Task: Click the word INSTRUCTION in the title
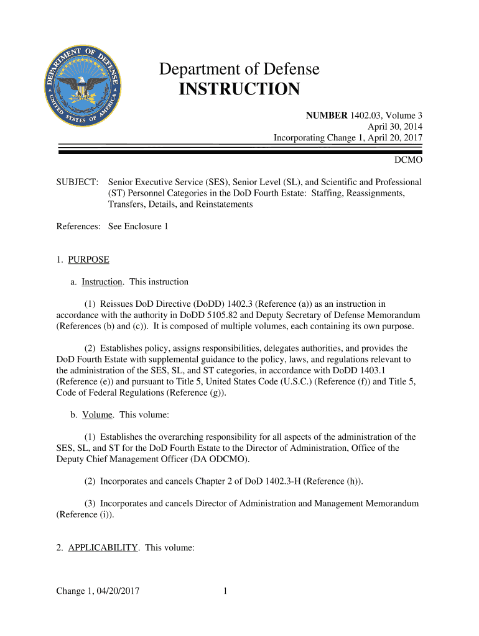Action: click(x=240, y=89)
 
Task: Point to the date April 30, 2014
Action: click(x=395, y=127)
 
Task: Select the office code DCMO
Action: click(x=409, y=160)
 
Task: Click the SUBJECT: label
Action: click(x=77, y=182)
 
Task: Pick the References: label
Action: click(x=78, y=227)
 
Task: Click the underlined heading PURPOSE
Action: click(x=88, y=260)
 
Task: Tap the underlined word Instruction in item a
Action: click(x=102, y=282)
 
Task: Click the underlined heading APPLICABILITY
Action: click(x=103, y=547)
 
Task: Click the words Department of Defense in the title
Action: click(x=240, y=70)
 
